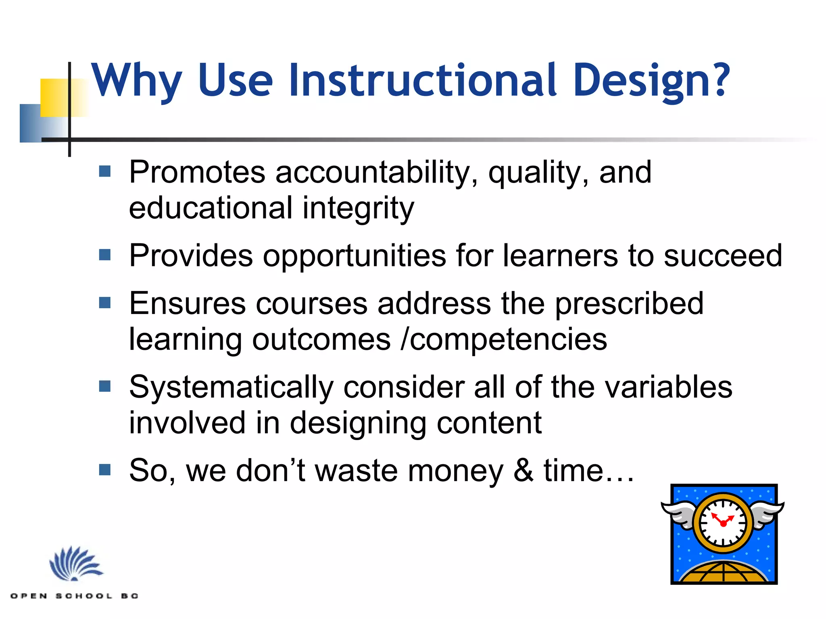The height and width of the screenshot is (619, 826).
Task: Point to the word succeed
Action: click(723, 256)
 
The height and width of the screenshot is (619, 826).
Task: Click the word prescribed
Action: click(629, 304)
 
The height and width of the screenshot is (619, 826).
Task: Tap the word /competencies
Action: click(504, 339)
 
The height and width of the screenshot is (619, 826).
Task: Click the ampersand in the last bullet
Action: click(524, 471)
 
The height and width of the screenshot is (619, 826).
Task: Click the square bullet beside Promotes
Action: click(105, 172)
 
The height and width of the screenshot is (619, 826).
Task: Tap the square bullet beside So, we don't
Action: click(105, 470)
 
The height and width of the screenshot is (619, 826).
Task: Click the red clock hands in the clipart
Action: click(721, 520)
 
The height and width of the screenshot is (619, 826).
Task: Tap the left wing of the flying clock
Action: click(680, 514)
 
